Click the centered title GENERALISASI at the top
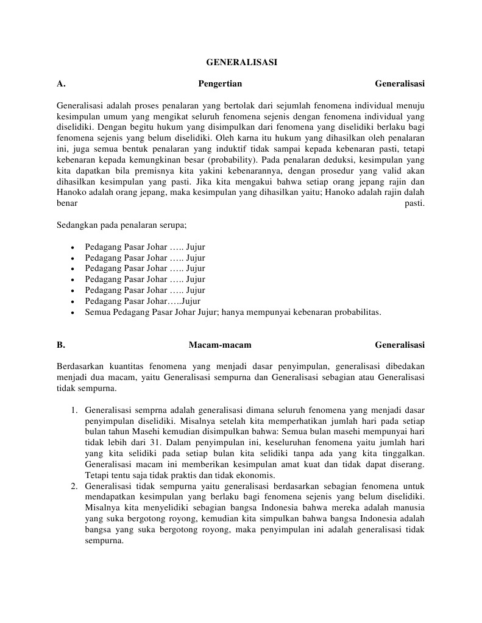pyautogui.click(x=241, y=62)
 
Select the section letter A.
pyautogui.click(x=61, y=83)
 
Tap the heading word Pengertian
pyautogui.click(x=220, y=83)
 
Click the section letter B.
pyautogui.click(x=60, y=345)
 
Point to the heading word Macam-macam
pyautogui.click(x=220, y=345)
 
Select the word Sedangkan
pyautogui.click(x=76, y=225)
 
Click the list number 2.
pyautogui.click(x=73, y=487)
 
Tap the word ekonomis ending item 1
pyautogui.click(x=260, y=476)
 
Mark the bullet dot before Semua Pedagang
pyautogui.click(x=72, y=312)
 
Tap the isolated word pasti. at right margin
pyautogui.click(x=415, y=203)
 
